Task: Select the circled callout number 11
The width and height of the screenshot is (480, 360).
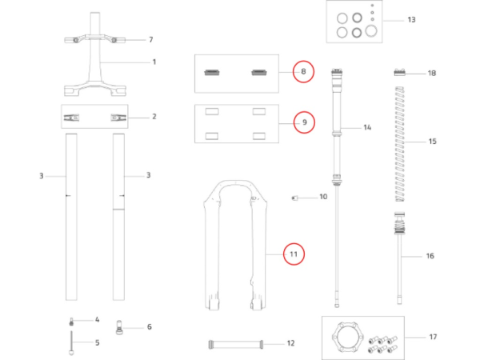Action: coord(293,254)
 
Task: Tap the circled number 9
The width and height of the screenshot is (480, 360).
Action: coord(303,123)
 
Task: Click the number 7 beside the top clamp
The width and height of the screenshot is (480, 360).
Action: coord(150,39)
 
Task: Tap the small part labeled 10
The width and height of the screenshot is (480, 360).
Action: coord(294,196)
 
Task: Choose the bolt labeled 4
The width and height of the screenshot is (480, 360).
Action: coord(70,320)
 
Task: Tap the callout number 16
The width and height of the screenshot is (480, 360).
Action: coord(429,256)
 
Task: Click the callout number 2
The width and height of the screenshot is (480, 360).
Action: coord(154,116)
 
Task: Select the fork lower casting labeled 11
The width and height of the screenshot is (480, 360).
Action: coord(234,248)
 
